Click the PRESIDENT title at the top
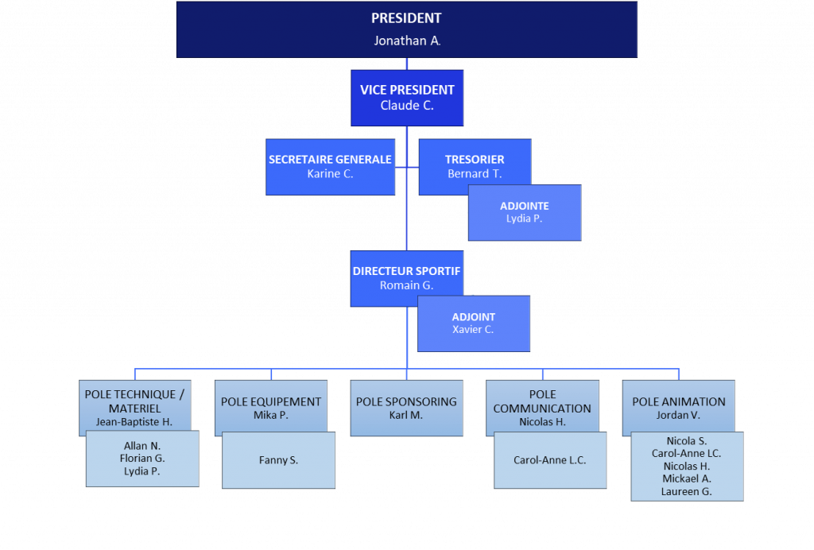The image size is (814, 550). coord(406,18)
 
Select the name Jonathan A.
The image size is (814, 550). coord(407,41)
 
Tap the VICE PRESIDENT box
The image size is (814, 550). coord(407,97)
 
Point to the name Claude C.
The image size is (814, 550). coord(407,105)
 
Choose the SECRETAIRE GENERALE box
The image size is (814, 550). coord(330,166)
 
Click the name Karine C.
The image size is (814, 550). coord(330,173)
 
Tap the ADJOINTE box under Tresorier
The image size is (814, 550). coord(525,212)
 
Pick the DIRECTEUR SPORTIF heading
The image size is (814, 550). coord(406,271)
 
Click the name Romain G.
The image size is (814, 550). coord(406,285)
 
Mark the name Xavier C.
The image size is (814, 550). coord(473,329)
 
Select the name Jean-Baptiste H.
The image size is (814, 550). coord(134,422)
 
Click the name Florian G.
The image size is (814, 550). coord(142,459)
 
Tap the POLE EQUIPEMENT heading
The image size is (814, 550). coord(271,401)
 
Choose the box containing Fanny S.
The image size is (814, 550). coord(278,459)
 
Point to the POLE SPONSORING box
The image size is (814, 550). coord(406,408)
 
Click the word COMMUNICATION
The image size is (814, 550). coord(542,409)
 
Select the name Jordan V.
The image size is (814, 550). coord(678,415)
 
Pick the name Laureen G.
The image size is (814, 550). coord(687,491)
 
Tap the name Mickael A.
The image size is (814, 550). coord(687,478)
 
